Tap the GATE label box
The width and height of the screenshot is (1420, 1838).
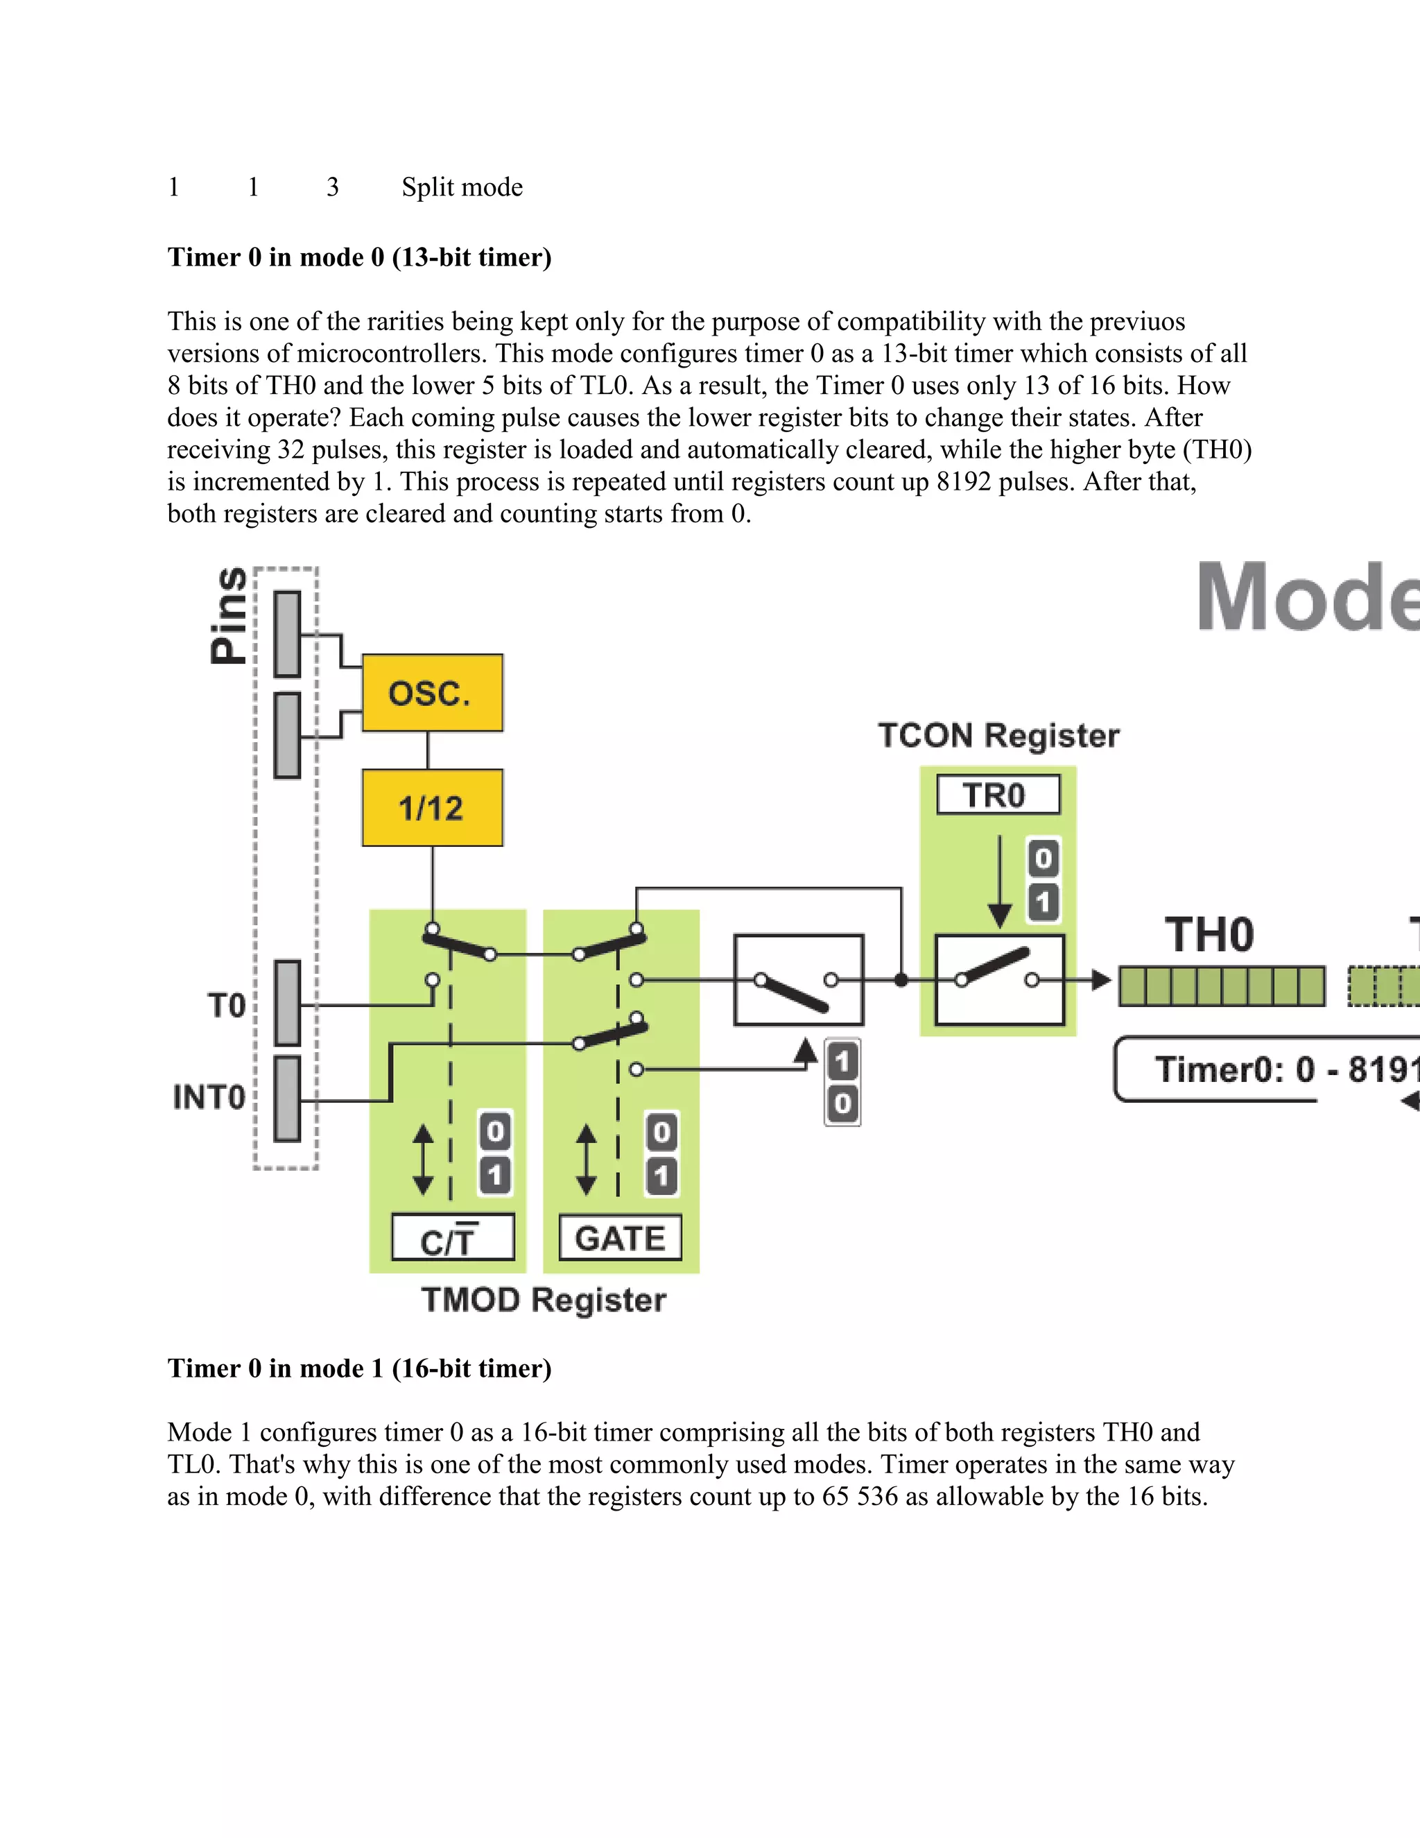pos(620,1238)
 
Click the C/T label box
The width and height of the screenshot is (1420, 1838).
pos(453,1238)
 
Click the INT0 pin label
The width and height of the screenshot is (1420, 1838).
pos(209,1097)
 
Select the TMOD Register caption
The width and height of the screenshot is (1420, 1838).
pos(544,1300)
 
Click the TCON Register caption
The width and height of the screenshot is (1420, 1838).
pos(998,735)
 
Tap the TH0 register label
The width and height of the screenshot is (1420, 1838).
pos(1209,936)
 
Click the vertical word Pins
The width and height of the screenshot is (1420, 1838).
pos(229,615)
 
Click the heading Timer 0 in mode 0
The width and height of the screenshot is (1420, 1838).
pos(359,257)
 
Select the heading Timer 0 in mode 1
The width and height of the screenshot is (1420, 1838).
pos(359,1368)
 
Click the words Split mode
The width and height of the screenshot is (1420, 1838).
pos(462,187)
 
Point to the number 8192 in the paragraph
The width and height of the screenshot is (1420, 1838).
pos(963,482)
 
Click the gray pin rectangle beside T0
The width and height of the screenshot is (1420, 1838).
pos(288,1003)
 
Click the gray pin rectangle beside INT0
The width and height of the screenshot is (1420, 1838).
pos(288,1098)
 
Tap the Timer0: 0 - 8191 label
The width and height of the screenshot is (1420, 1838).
pos(1287,1070)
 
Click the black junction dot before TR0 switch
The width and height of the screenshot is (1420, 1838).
pos(901,979)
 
